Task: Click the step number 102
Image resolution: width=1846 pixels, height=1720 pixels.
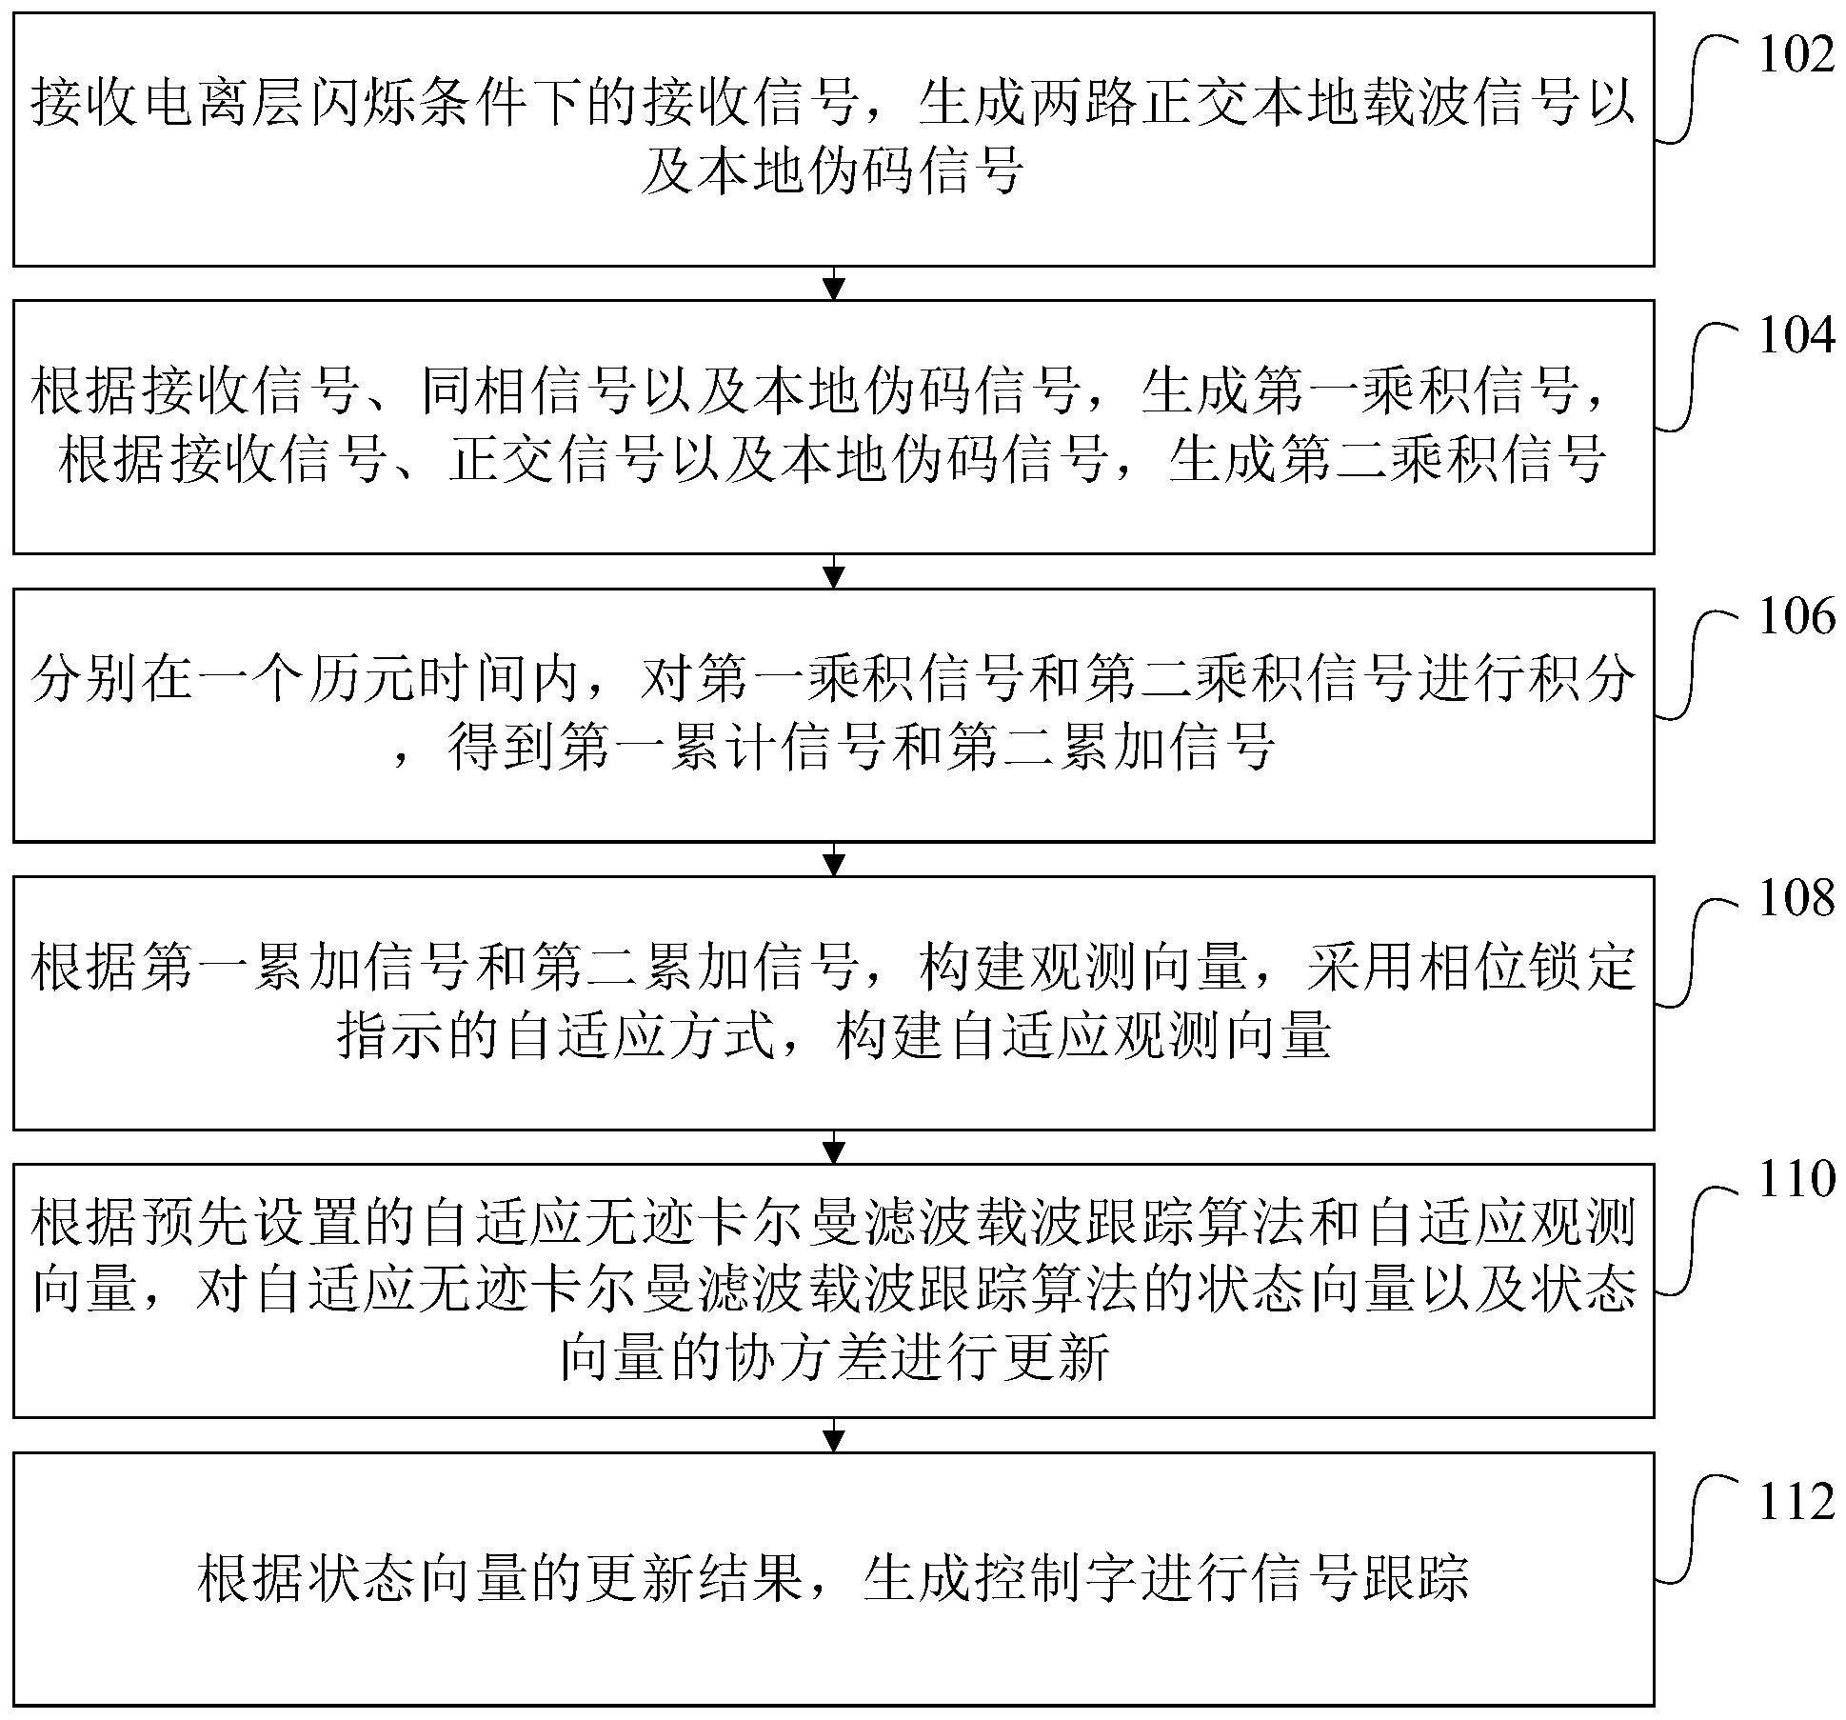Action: coord(1796,55)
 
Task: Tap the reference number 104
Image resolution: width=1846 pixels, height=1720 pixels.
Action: coord(1796,336)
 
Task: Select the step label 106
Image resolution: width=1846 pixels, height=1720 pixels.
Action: coord(1796,617)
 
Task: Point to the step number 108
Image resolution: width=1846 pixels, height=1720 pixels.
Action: coord(1796,898)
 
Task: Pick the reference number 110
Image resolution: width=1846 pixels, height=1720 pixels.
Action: coord(1796,1179)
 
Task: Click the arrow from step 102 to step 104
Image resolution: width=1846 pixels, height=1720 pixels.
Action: coord(833,283)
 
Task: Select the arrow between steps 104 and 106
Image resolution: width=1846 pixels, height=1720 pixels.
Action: coord(833,571)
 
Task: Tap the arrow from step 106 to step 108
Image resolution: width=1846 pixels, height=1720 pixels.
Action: coord(833,859)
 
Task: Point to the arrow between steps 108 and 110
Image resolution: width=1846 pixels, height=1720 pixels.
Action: coord(833,1148)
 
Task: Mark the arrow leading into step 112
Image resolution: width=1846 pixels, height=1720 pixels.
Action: coord(833,1435)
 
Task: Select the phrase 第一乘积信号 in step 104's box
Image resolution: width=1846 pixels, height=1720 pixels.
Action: coord(1391,391)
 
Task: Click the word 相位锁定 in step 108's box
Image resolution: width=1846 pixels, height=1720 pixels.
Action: coord(1526,968)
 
